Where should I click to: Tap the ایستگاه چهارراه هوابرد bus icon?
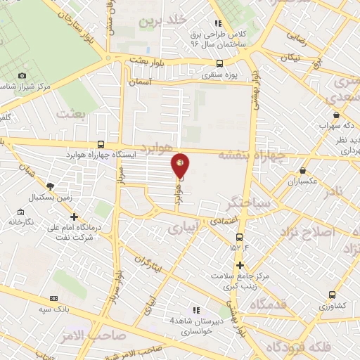103,144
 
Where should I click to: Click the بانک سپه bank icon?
55,298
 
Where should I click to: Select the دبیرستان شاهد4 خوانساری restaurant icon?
196,310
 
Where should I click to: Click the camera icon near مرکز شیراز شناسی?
22,76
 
